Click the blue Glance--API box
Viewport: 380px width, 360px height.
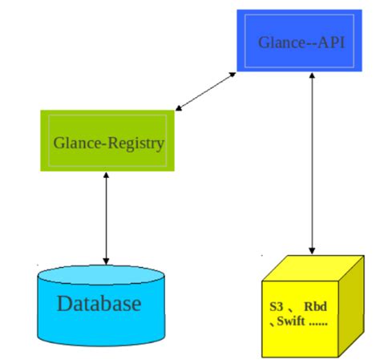[x=301, y=39]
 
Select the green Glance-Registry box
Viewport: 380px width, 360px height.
[x=108, y=142]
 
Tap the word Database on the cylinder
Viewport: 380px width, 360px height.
[x=99, y=304]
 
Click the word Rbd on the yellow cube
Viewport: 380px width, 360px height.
[x=315, y=308]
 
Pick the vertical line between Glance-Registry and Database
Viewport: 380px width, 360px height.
[x=105, y=216]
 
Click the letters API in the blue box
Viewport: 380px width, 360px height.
[x=329, y=42]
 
